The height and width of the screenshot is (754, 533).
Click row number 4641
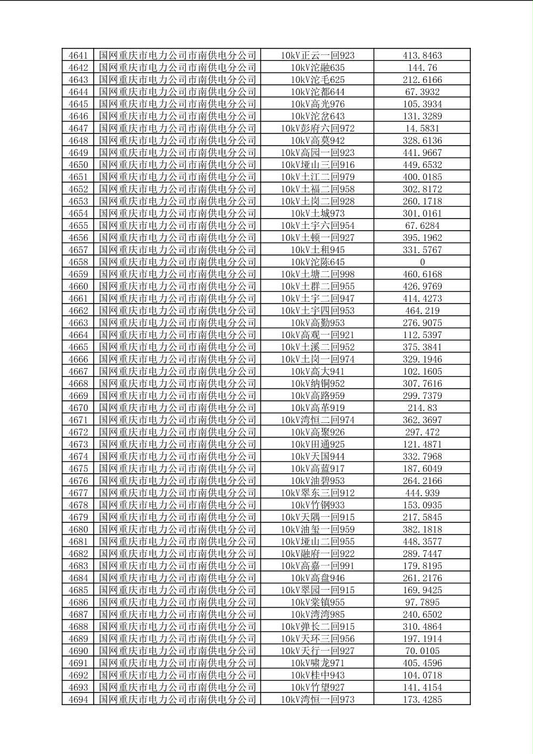[x=78, y=56]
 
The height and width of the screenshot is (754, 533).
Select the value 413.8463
[x=422, y=56]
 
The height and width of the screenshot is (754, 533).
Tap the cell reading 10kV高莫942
[x=317, y=140]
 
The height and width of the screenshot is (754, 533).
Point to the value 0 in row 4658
[x=422, y=262]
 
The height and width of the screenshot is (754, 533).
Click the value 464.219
[x=422, y=311]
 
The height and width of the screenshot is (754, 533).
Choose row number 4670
[x=78, y=408]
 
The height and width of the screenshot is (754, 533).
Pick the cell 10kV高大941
[x=317, y=372]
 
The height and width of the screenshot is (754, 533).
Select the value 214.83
[x=422, y=408]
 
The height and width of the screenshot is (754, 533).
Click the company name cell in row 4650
[x=177, y=165]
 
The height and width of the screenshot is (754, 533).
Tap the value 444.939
[x=422, y=493]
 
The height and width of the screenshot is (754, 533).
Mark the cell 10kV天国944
[x=317, y=456]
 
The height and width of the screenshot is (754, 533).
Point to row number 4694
[x=78, y=700]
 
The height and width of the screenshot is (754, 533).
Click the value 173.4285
[x=422, y=700]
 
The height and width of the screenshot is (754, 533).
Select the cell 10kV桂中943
[x=317, y=675]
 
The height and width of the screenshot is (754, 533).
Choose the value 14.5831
[x=422, y=128]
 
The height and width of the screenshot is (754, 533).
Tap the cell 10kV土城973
[x=317, y=213]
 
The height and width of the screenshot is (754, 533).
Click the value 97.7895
[x=422, y=602]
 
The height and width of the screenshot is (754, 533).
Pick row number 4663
[x=78, y=323]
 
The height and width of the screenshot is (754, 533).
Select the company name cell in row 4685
[x=177, y=590]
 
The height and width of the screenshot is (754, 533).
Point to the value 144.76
[x=422, y=68]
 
